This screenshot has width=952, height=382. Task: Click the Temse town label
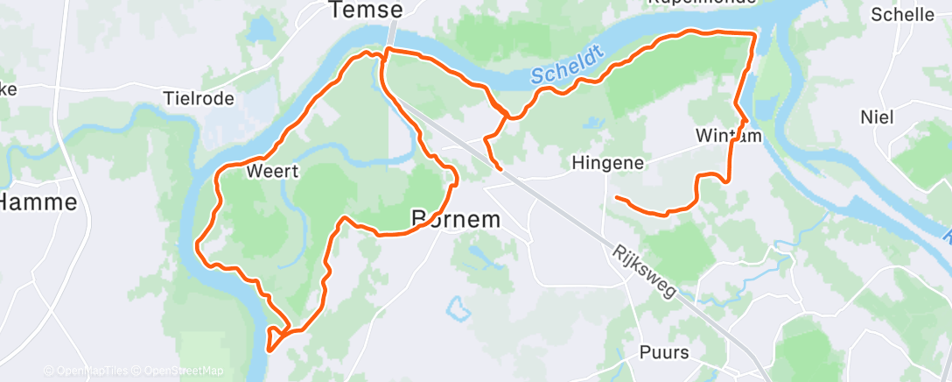pyautogui.click(x=366, y=11)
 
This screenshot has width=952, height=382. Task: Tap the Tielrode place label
pyautogui.click(x=199, y=98)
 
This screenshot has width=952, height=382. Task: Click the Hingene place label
pyautogui.click(x=607, y=162)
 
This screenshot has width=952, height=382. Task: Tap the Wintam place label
pyautogui.click(x=730, y=136)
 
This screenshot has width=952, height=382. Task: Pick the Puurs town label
pyautogui.click(x=663, y=353)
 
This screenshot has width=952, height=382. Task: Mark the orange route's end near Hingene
pyautogui.click(x=617, y=197)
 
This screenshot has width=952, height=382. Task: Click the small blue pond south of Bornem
pyautogui.click(x=455, y=308)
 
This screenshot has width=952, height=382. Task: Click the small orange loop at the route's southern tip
pyautogui.click(x=276, y=336)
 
